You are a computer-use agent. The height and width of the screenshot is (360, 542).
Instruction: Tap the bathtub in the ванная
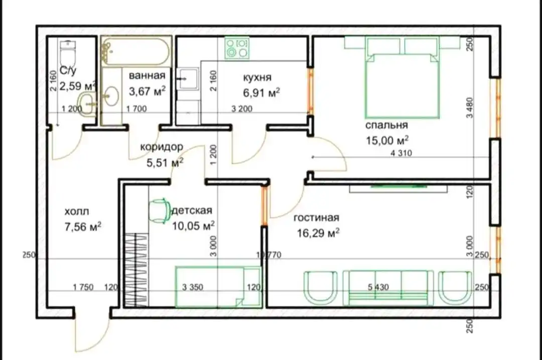(137, 52)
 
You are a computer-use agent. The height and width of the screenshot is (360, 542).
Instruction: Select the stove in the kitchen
(237, 48)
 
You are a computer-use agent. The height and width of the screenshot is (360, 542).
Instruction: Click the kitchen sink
(188, 79)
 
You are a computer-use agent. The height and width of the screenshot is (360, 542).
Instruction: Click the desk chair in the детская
(160, 210)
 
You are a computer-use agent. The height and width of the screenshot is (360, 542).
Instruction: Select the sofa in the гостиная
(388, 288)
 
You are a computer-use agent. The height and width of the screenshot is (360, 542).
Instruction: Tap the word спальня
(386, 125)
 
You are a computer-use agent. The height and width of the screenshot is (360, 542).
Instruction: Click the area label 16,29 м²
(318, 233)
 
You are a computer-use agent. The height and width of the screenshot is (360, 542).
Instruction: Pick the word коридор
(162, 147)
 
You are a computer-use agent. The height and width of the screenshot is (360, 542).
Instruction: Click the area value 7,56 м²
(83, 227)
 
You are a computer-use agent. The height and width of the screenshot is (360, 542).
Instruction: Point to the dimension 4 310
(401, 153)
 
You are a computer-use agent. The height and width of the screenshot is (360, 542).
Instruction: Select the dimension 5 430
(378, 287)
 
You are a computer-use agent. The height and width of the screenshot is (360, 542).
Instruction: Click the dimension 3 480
(469, 107)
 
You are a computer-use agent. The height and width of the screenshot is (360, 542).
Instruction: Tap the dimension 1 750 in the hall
(83, 287)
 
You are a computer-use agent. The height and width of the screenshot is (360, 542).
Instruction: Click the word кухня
(257, 77)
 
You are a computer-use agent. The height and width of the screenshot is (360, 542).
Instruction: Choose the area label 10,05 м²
(193, 226)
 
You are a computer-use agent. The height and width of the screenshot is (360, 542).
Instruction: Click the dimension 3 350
(193, 287)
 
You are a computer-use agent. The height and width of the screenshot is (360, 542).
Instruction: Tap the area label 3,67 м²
(147, 91)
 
